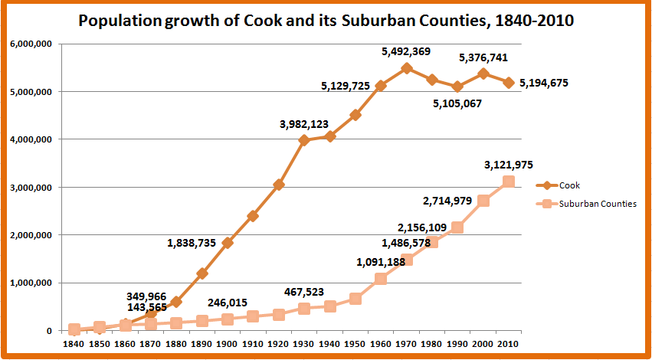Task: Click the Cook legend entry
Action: click(569, 185)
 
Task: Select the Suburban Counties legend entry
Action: click(598, 205)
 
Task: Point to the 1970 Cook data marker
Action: click(406, 68)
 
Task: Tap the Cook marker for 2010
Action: click(509, 82)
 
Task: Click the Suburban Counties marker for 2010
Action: click(509, 182)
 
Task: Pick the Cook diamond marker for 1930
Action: click(304, 140)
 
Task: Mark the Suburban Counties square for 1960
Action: click(381, 279)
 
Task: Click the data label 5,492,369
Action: click(406, 52)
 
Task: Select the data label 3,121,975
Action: click(509, 165)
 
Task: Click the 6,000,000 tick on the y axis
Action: click(30, 44)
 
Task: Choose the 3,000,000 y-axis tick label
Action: click(30, 188)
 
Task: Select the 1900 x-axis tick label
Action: click(227, 345)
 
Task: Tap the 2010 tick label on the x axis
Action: click(509, 345)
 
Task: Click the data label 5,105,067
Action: click(457, 103)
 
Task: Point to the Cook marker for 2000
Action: click(483, 74)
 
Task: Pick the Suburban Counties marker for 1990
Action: click(457, 227)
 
